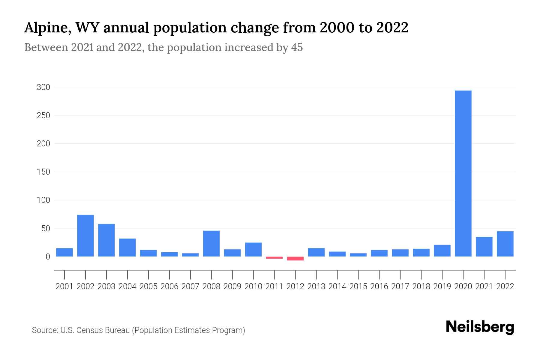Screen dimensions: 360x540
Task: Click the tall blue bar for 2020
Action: [x=463, y=173]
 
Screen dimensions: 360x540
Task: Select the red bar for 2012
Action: [x=295, y=258]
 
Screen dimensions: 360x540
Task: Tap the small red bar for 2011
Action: [x=274, y=257]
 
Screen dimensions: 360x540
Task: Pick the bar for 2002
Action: [x=85, y=235]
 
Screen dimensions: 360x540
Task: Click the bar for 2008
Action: [x=211, y=243]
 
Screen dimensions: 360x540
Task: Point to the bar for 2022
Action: [x=505, y=244]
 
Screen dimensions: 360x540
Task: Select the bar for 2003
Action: [x=106, y=240]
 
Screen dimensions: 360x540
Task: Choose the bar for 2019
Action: [x=442, y=250]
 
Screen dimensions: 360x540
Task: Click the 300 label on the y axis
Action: [x=43, y=87]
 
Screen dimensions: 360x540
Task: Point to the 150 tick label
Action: [x=43, y=172]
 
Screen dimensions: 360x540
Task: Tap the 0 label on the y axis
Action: [x=48, y=257]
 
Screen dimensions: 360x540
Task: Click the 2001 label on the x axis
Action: [x=64, y=286]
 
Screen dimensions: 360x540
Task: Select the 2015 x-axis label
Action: [x=358, y=286]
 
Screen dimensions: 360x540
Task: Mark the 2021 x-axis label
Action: [x=484, y=286]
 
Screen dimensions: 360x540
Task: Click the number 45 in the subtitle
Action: [x=297, y=47]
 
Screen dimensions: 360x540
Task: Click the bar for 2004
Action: [x=127, y=247]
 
